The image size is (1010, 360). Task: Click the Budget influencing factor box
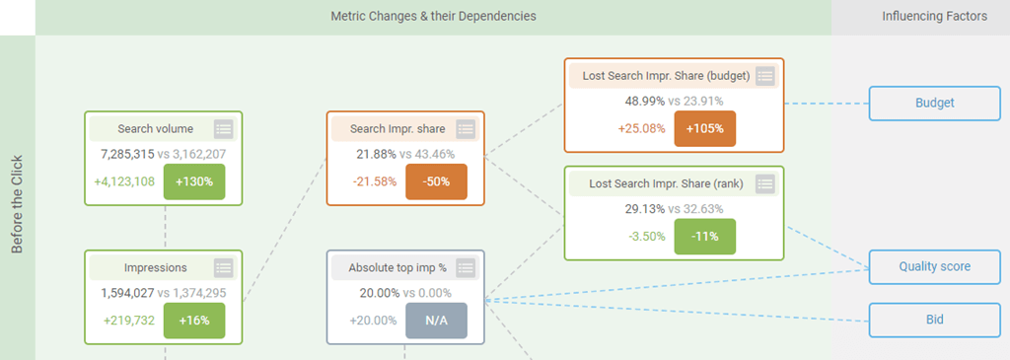[x=935, y=103]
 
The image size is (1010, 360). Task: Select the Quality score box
[x=935, y=266]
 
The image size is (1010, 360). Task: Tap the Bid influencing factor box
[x=935, y=320]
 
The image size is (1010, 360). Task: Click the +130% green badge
[x=194, y=181]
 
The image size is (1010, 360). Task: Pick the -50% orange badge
[x=436, y=181]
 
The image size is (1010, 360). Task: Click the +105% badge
[x=704, y=128]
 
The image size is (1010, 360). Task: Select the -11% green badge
[x=704, y=236]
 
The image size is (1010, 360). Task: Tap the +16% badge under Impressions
[x=194, y=321]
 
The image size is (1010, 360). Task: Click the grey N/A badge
[x=436, y=321]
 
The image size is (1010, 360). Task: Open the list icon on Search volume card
[x=224, y=129]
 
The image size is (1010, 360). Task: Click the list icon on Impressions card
[x=224, y=268]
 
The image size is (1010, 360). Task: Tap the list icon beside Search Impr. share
[x=466, y=129]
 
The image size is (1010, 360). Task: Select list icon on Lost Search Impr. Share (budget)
[x=764, y=76]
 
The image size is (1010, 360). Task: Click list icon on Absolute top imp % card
[x=466, y=268]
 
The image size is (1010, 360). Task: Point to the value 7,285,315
[x=127, y=155]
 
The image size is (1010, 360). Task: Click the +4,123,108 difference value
[x=124, y=181]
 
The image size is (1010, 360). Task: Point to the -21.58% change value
[x=375, y=181]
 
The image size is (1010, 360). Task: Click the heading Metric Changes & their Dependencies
[x=434, y=17]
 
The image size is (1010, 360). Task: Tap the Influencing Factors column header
[x=935, y=17]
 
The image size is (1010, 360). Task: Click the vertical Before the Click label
[x=18, y=203]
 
